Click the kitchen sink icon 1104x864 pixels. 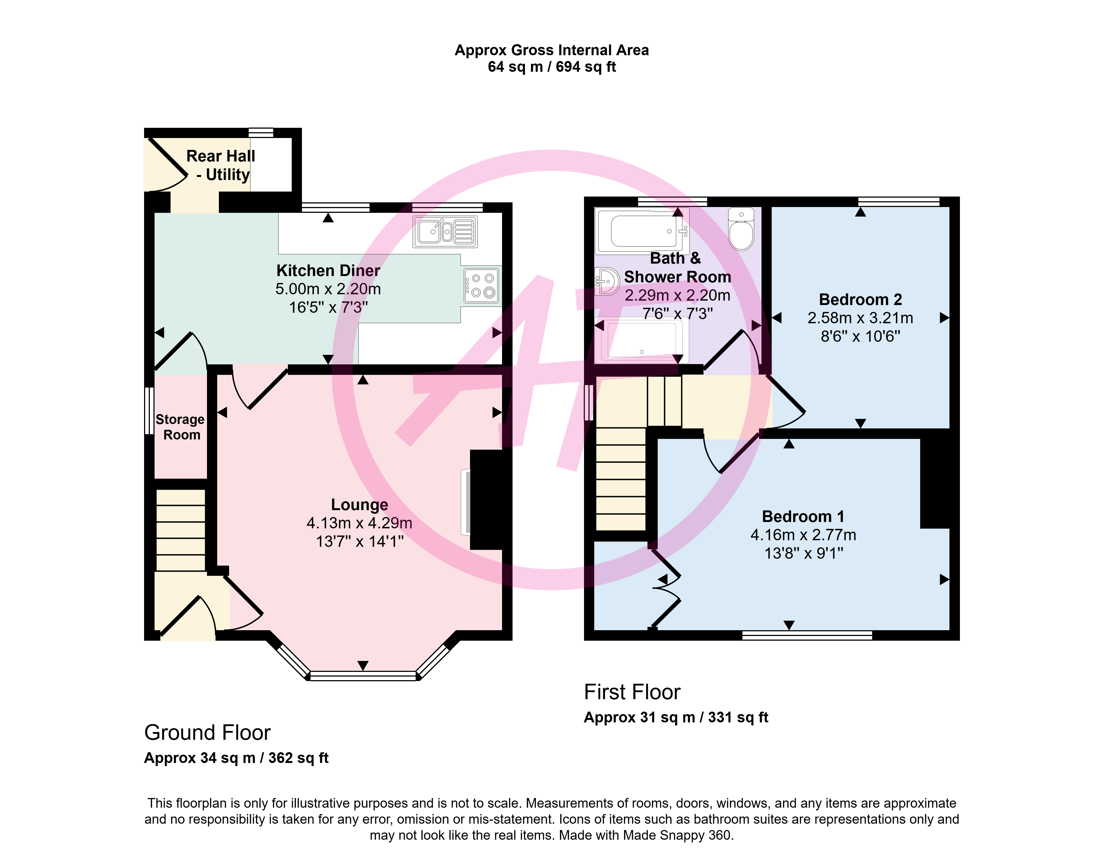click(x=445, y=232)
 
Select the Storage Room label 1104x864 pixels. click(x=181, y=427)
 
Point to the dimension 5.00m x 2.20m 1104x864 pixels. click(x=328, y=289)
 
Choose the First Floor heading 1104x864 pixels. click(x=632, y=692)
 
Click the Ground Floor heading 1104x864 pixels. click(x=207, y=733)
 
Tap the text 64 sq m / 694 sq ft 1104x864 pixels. click(x=552, y=67)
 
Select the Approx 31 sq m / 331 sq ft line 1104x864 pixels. click(x=676, y=717)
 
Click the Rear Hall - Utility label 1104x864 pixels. click(x=221, y=165)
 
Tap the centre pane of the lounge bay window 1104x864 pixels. click(x=363, y=676)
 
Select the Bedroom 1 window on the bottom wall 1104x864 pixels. click(x=807, y=635)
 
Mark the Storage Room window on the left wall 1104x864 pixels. click(x=149, y=411)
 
